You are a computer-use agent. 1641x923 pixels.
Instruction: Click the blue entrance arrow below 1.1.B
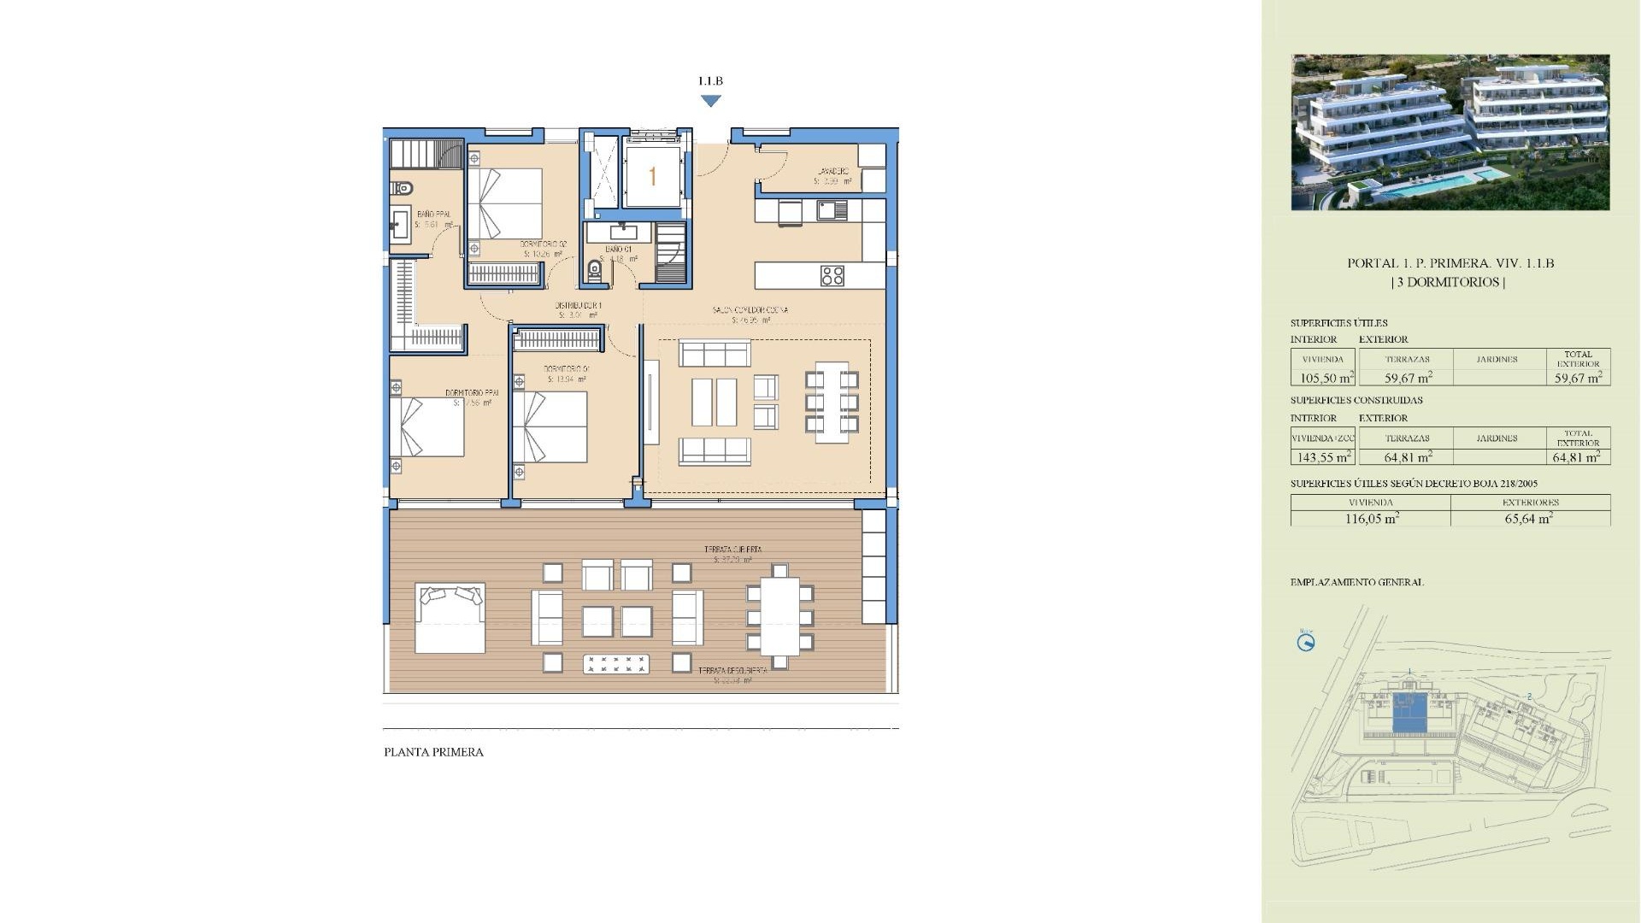(710, 101)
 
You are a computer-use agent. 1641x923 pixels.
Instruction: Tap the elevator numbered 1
(652, 176)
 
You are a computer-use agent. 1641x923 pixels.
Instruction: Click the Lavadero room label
(832, 172)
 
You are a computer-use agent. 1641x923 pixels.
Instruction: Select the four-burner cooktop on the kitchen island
(832, 275)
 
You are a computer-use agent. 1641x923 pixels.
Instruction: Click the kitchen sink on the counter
(831, 209)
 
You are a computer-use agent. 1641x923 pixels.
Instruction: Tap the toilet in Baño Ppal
(403, 187)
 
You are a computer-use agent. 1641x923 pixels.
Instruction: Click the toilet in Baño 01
(595, 271)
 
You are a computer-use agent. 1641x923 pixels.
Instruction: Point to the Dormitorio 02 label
(544, 244)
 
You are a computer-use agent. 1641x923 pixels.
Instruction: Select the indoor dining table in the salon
(832, 402)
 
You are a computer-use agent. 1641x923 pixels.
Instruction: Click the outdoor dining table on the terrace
(779, 616)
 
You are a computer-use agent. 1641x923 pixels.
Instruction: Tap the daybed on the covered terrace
(450, 617)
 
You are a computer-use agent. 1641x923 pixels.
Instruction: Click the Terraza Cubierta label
(732, 550)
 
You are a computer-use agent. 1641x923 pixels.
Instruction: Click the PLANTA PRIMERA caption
(433, 752)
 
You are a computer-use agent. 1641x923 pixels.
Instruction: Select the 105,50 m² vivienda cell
(1322, 378)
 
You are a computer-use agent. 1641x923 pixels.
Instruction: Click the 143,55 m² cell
(1322, 457)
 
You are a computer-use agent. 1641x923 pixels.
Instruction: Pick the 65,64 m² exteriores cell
(1530, 518)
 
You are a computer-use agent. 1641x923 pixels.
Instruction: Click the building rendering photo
(1450, 132)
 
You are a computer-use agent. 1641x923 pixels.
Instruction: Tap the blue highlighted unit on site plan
(1409, 714)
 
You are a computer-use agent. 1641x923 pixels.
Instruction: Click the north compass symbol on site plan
(1306, 643)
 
